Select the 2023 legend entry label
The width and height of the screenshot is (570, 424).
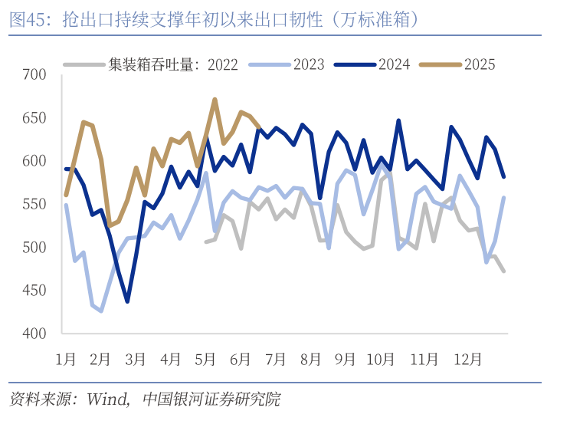tap(309, 64)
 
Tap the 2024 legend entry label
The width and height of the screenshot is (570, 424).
tap(394, 64)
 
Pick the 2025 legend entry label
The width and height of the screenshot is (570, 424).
tap(480, 64)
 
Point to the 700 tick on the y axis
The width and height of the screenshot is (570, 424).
tap(35, 74)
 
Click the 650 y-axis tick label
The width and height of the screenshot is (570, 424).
tap(35, 117)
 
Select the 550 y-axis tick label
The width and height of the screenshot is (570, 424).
tap(35, 204)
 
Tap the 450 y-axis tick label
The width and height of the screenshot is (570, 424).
tap(35, 290)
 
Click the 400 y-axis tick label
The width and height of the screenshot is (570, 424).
tap(35, 334)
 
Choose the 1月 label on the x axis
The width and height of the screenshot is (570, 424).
tap(66, 358)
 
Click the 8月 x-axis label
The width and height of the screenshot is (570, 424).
tap(311, 358)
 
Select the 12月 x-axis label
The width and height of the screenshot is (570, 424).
tap(467, 358)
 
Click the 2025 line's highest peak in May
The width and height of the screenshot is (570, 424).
tap(215, 99)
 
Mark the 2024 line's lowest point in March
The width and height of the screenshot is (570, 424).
tap(127, 301)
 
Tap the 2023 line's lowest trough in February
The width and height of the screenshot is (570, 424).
tap(101, 311)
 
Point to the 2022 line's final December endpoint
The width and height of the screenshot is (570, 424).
tap(503, 271)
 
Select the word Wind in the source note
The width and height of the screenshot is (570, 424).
tap(106, 399)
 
